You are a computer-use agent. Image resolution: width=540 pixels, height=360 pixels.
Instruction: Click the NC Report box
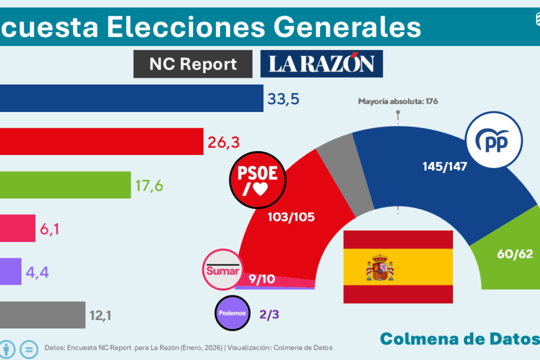click(193, 64)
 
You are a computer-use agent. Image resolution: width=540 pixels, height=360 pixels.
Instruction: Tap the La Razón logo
click(322, 64)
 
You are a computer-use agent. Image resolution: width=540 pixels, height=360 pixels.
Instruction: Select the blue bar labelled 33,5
click(131, 98)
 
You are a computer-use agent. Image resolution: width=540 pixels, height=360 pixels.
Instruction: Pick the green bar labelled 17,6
click(65, 185)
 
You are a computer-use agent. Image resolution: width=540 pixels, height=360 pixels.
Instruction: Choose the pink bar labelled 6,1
click(17, 228)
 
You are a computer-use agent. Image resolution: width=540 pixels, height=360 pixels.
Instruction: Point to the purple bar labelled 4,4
click(10, 271)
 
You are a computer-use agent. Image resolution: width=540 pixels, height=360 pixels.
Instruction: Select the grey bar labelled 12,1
click(42, 315)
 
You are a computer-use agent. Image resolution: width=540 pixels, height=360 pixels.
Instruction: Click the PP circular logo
click(494, 141)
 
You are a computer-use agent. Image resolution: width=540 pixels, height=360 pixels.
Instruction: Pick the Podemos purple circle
click(232, 313)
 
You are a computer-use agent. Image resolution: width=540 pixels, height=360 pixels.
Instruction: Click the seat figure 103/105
click(291, 217)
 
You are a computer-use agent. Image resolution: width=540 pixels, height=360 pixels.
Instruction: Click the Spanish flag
click(398, 267)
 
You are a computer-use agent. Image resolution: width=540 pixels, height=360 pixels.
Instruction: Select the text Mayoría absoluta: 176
click(398, 101)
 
